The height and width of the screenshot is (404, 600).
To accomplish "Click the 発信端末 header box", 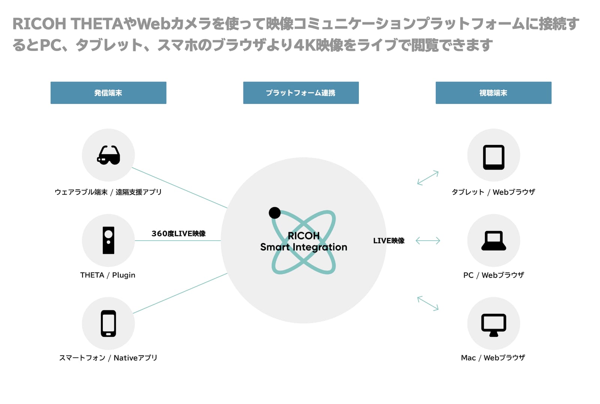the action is pos(108,93).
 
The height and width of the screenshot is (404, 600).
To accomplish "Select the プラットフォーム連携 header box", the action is pos(301,93).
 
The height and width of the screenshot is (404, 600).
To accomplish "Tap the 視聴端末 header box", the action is pos(493,93).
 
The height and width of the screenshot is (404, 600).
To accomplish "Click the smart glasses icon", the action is pos(108,155).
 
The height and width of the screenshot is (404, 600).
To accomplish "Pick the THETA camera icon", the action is pos(108,240).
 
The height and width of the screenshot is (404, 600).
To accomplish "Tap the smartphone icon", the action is pos(108,323).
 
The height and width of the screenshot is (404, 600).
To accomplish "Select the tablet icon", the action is pos(493,157).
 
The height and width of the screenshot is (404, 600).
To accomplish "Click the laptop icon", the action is pos(493,241).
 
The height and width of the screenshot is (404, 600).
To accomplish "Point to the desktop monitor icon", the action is pos(493,325).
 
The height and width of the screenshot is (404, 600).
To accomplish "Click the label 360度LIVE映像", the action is pos(178,234).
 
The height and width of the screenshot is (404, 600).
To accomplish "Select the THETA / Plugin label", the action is pos(108,275).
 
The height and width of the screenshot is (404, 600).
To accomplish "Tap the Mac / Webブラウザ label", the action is pos(493,357).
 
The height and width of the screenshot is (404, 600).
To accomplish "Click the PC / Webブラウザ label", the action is pos(493,275).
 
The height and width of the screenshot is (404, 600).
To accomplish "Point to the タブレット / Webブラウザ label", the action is pos(493,192).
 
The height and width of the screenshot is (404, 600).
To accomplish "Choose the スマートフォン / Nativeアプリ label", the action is pos(108,357).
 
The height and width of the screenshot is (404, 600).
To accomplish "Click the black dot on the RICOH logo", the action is pos(274,213).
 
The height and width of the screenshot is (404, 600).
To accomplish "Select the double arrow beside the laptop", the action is pos(428,241).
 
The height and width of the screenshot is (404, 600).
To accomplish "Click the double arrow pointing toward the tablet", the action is pos(428,178).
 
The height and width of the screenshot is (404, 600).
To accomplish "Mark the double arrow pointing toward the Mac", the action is pos(428,303).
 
